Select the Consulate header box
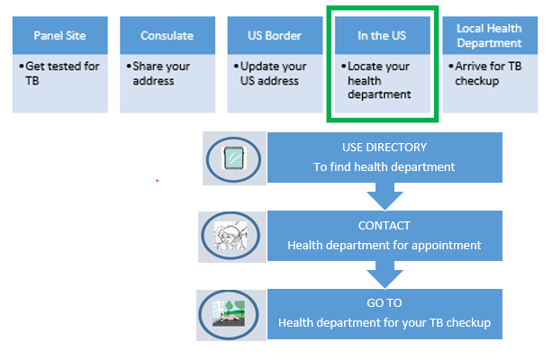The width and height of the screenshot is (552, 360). click(167, 36)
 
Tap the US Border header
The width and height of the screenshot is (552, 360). click(274, 36)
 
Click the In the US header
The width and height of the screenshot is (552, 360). click(382, 36)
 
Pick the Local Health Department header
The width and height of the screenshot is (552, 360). click(489, 36)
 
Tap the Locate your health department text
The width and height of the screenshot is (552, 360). click(379, 80)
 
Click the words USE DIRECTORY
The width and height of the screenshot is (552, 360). click(385, 147)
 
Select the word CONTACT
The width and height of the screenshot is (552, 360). click(384, 226)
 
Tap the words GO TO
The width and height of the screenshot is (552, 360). click(384, 304)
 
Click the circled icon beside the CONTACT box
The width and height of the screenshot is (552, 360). click(232, 237)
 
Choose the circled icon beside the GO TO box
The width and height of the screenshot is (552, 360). click(232, 313)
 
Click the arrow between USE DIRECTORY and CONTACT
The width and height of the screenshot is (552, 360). click(384, 195)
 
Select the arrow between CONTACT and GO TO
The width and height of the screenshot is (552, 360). click(384, 273)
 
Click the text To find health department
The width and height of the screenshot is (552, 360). click(385, 166)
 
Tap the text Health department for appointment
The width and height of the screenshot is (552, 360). click(384, 245)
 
